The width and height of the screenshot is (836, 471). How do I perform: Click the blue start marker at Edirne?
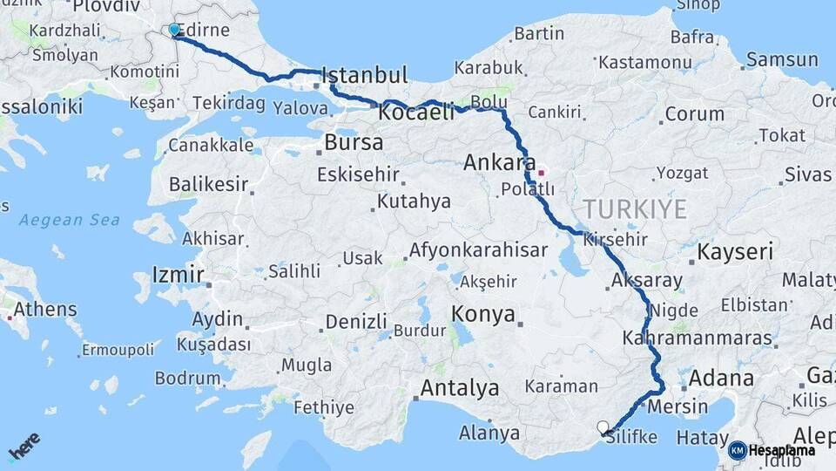click(x=174, y=31)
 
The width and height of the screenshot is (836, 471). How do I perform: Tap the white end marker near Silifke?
click(x=603, y=427)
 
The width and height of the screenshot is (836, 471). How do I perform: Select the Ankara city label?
click(x=499, y=162)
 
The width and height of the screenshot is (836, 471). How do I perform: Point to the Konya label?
click(x=483, y=315)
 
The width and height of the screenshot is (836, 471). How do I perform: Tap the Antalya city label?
click(x=459, y=387)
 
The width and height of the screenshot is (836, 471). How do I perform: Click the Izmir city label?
click(x=178, y=276)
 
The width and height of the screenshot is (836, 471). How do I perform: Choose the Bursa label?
click(x=353, y=141)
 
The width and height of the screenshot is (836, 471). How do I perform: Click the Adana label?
click(x=721, y=379)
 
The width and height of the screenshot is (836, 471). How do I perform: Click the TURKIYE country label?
click(x=635, y=209)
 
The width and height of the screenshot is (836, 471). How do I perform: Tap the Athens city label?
click(x=45, y=310)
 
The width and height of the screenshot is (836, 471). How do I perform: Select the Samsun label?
click(x=782, y=60)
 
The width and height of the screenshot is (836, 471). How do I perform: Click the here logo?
click(x=24, y=446)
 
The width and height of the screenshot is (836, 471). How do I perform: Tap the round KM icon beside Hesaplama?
click(x=738, y=450)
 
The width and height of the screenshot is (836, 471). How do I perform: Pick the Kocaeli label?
click(x=416, y=112)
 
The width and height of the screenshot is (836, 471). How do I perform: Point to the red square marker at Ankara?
click(x=541, y=172)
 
